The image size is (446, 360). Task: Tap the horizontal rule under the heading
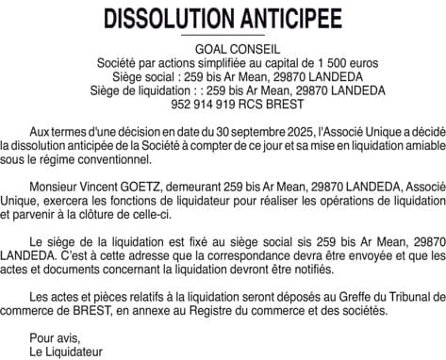click(223, 36)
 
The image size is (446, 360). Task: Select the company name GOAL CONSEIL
click(223, 47)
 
